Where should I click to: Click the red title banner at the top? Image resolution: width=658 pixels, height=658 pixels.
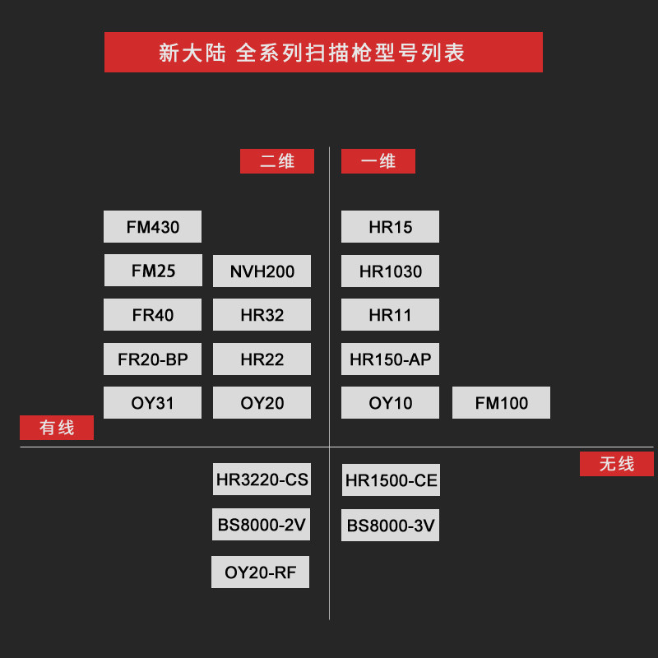click(x=323, y=53)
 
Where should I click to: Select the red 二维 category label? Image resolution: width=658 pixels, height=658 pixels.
click(x=276, y=161)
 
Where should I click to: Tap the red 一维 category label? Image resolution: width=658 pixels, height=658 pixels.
click(x=378, y=161)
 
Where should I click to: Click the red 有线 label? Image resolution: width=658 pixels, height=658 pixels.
click(x=57, y=428)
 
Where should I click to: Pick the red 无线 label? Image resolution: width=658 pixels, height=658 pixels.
click(x=616, y=464)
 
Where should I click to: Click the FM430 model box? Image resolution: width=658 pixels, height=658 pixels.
click(x=152, y=227)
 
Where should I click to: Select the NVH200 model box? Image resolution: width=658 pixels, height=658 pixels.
click(x=262, y=271)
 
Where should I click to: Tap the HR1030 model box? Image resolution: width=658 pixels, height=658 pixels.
click(x=390, y=271)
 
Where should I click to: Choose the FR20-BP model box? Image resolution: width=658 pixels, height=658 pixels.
click(x=152, y=359)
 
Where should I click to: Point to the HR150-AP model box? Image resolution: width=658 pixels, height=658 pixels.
click(x=390, y=359)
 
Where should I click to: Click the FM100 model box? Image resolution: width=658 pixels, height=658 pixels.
click(x=501, y=403)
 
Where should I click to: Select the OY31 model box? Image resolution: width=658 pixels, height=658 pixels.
click(x=152, y=403)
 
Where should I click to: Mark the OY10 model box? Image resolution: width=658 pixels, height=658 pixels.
click(x=390, y=403)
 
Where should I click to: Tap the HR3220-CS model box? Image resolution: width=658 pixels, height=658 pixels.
click(x=262, y=480)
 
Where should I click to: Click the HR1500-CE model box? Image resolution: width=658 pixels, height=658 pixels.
click(x=391, y=480)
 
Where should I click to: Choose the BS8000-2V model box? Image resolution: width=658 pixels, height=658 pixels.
click(x=262, y=525)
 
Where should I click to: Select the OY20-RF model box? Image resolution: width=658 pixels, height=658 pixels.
click(x=260, y=572)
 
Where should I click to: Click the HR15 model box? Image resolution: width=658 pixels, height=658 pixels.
click(x=390, y=227)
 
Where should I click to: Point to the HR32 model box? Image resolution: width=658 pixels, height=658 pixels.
click(x=262, y=315)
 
